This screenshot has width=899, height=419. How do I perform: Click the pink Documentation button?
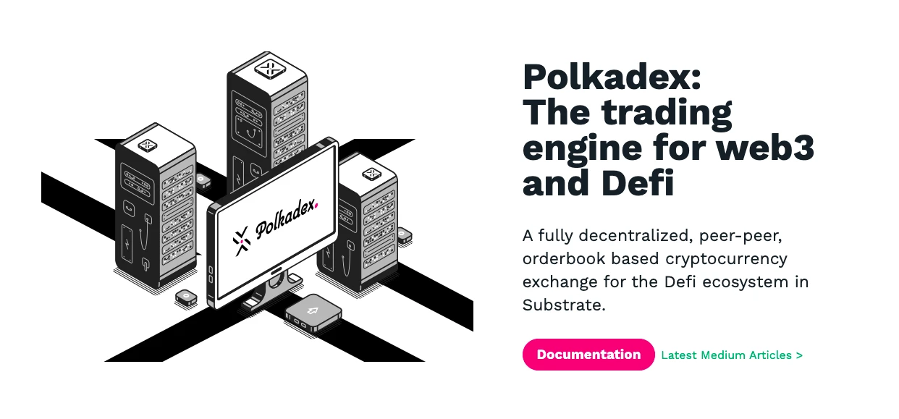588,355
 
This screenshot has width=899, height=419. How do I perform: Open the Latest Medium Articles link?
732,355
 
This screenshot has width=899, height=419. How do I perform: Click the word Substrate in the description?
563,305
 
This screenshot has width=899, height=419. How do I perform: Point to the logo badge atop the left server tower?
148,145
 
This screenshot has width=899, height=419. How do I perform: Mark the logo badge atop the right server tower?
371,174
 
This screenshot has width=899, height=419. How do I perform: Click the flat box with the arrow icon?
313,312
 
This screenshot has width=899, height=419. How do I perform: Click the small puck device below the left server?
186,297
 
